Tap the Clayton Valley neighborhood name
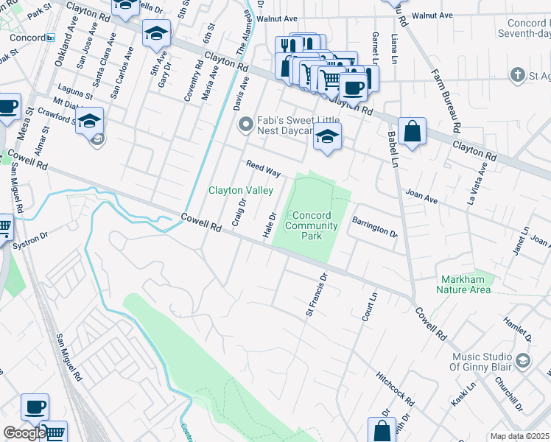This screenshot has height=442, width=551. click(241, 190)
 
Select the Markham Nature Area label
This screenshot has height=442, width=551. click(466, 284)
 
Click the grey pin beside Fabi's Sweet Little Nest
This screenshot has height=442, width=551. click(245, 126)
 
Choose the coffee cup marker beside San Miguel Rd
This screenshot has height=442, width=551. click(35, 407)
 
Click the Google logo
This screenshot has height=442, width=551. click(24, 433)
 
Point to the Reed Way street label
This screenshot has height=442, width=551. click(263, 169)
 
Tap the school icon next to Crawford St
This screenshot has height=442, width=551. click(89, 120)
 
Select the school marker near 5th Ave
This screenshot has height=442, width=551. click(156, 33)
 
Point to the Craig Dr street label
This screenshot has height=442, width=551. click(238, 211)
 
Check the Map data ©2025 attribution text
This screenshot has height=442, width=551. click(519, 436)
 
